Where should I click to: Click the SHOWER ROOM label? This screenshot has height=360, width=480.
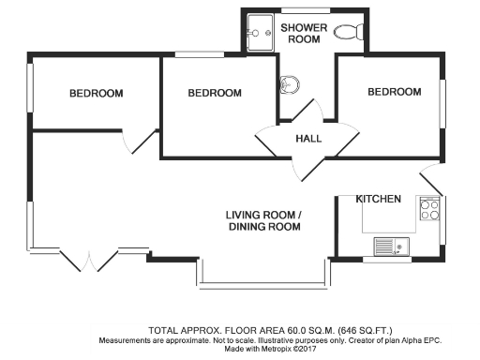tap(304, 34)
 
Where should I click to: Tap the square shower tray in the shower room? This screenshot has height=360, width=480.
tap(258, 36)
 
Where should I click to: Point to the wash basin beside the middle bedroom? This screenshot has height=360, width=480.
tap(289, 86)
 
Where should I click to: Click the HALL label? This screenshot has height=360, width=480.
tap(308, 139)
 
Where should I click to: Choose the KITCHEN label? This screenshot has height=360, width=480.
tap(379, 199)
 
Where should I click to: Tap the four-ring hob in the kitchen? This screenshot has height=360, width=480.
tap(430, 210)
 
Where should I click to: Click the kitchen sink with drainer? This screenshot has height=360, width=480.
tap(389, 247)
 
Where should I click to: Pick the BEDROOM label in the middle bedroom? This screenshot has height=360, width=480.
tap(215, 93)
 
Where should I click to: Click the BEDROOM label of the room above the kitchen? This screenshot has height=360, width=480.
tap(394, 92)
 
